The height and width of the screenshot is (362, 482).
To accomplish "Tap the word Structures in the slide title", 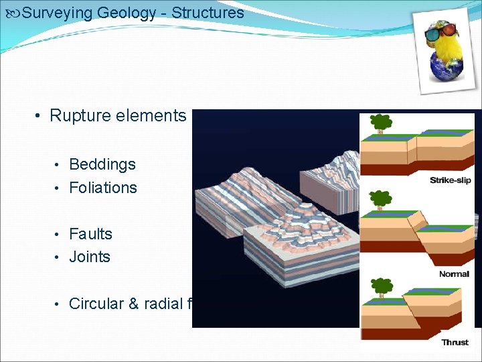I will pos(208,12).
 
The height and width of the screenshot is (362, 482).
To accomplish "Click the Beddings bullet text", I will pos(102,164).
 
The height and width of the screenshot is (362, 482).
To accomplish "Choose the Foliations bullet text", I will pos(103,188).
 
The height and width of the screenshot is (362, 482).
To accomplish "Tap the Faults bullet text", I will pos(90,234).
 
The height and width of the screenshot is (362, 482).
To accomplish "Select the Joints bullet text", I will pos(90,257).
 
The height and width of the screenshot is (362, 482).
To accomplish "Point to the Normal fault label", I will pos(454,274).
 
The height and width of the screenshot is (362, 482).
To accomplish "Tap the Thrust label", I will pos(455,343).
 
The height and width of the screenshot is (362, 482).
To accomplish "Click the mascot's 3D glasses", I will pos(443,32).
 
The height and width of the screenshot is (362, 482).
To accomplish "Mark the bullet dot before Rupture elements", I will pos(39,116).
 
